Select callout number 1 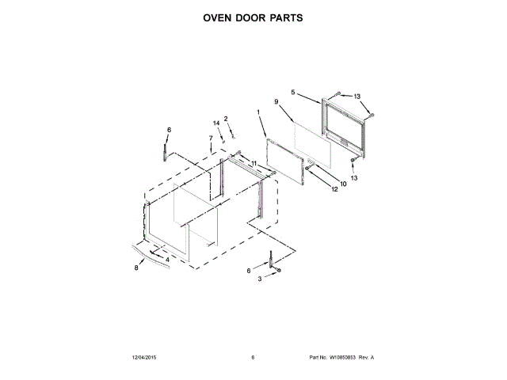tap(258, 112)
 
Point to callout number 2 tap(226, 118)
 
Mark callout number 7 tap(211, 139)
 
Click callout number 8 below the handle tap(135, 268)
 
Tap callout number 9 tap(276, 102)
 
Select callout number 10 tap(343, 185)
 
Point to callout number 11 tap(254, 164)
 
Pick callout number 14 tap(215, 123)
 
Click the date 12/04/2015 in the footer tap(144, 358)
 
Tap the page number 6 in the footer tap(253, 358)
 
